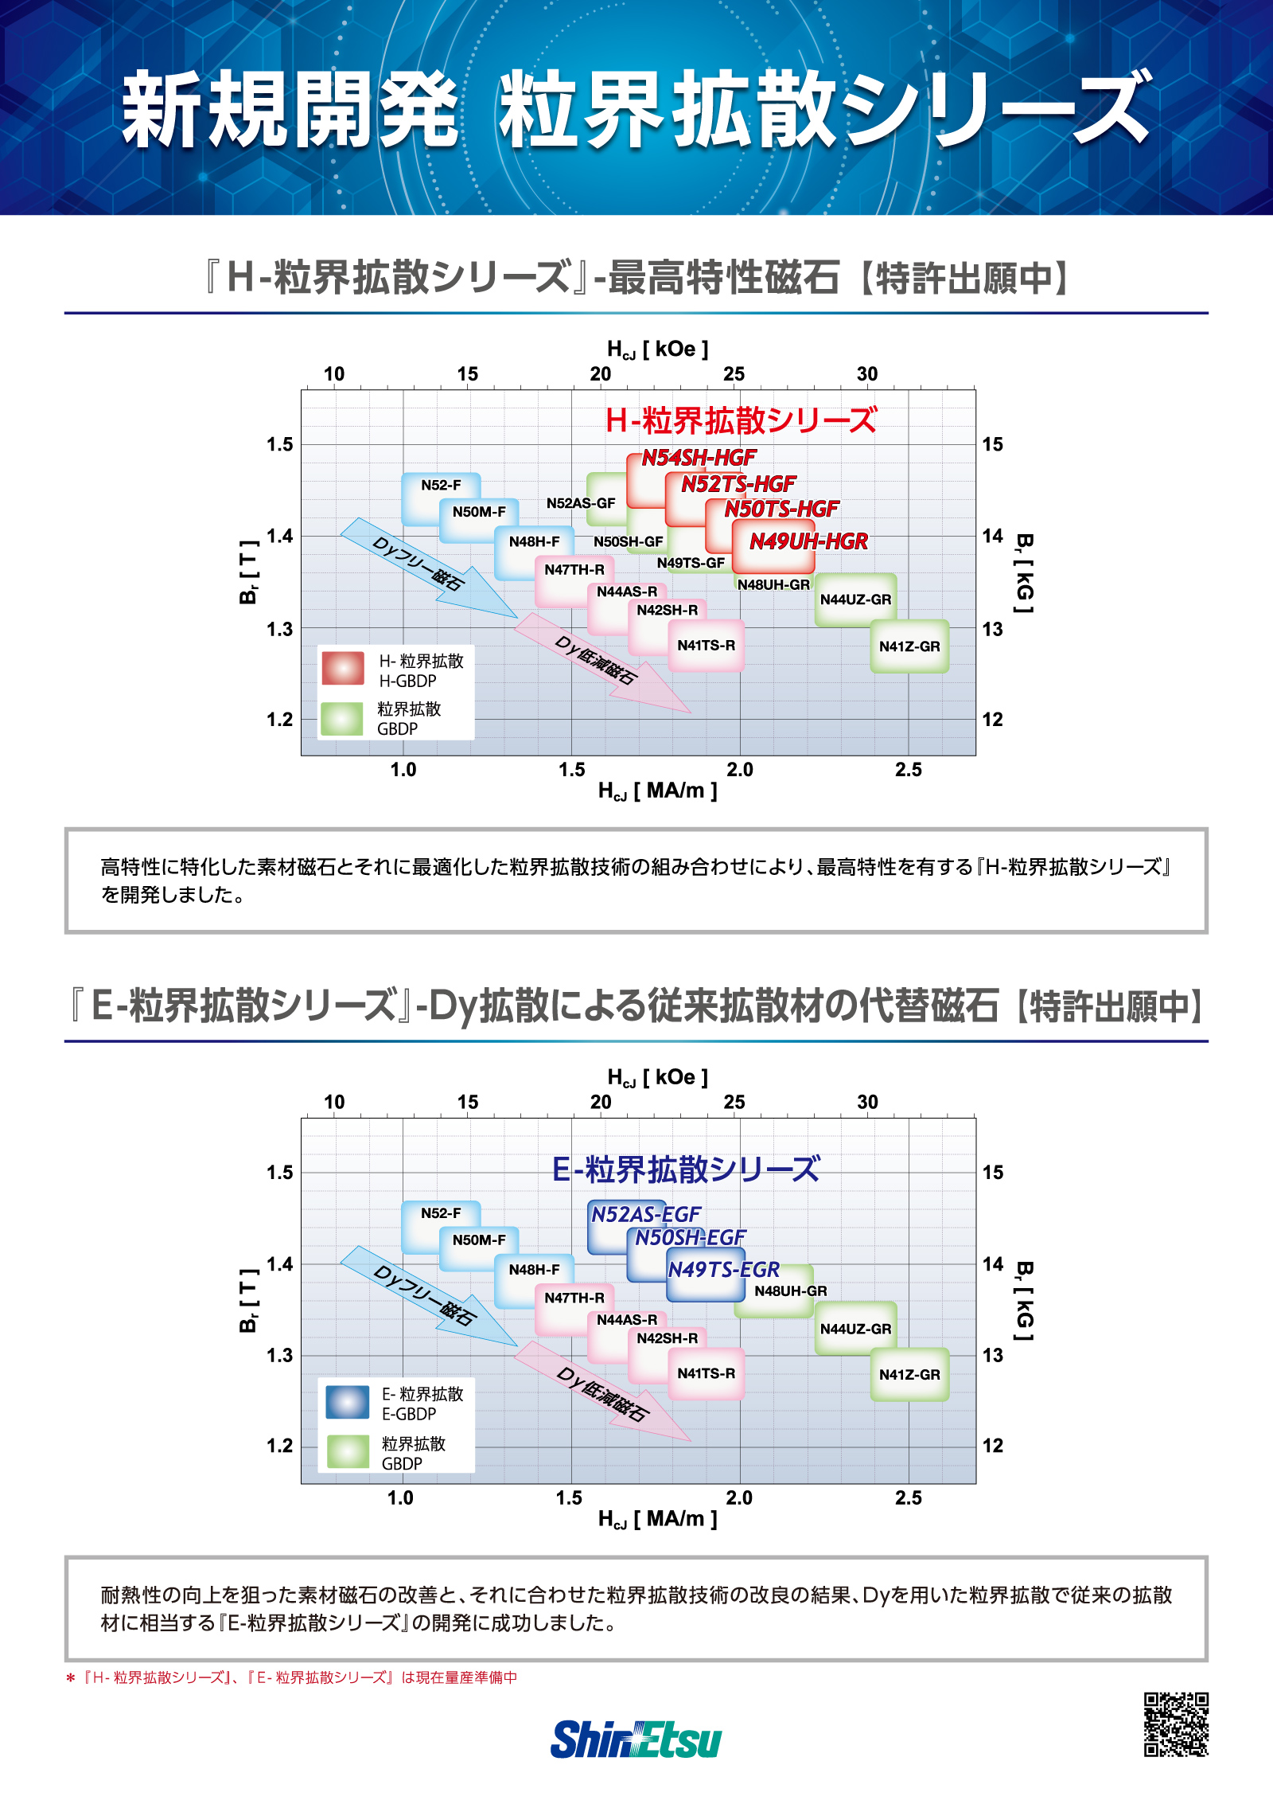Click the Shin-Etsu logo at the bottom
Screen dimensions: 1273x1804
click(636, 1740)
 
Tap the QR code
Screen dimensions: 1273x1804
click(1176, 1724)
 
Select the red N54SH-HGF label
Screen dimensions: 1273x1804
click(699, 458)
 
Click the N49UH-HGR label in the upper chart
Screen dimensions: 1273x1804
click(808, 541)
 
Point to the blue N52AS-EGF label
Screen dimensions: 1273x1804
click(646, 1214)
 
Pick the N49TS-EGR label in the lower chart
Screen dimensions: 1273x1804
click(723, 1269)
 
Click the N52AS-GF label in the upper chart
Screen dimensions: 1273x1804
click(581, 503)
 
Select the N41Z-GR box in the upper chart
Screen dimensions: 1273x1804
click(909, 646)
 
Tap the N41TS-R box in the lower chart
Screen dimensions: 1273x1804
click(707, 1374)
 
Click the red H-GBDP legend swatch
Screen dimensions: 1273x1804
click(343, 668)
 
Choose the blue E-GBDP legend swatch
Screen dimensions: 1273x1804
click(348, 1402)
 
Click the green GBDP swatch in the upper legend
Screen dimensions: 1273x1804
click(341, 718)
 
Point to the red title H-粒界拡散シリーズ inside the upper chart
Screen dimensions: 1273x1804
click(741, 420)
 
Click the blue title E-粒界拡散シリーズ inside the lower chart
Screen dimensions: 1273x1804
click(686, 1169)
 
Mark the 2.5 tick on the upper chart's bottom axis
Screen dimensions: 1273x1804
click(909, 770)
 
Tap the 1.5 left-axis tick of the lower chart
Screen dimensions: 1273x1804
click(279, 1172)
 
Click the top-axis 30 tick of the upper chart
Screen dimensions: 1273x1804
click(867, 373)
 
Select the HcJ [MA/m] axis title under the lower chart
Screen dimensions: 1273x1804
click(658, 1519)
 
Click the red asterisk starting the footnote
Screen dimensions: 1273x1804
click(70, 1678)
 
